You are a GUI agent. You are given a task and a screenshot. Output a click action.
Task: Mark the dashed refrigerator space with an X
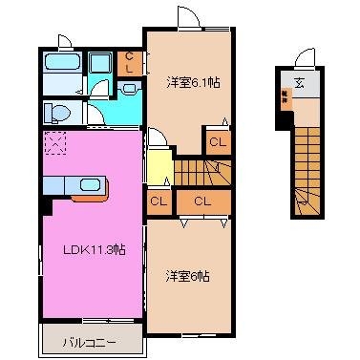[55, 143]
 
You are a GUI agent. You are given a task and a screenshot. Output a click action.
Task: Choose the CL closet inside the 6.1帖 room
[217, 141]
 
